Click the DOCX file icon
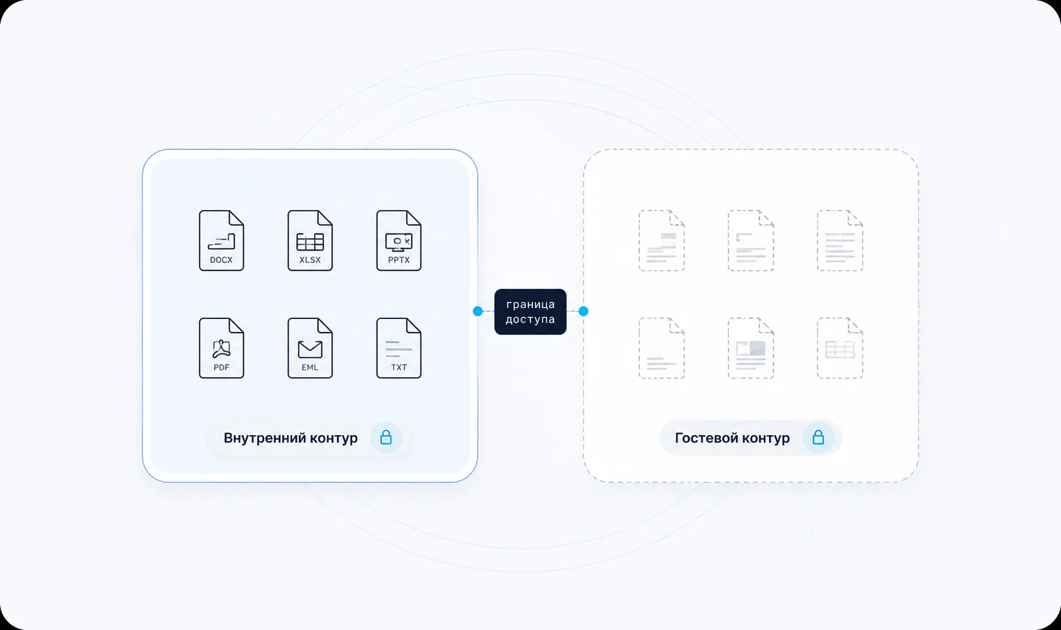click(221, 241)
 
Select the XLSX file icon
click(310, 241)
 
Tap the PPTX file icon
click(398, 241)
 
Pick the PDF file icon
click(221, 348)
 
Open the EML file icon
click(310, 348)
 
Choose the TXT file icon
click(398, 348)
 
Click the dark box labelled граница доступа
click(530, 312)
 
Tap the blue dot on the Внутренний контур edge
click(478, 311)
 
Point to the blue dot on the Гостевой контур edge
click(583, 311)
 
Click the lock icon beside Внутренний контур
click(386, 437)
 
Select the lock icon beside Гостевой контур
click(818, 437)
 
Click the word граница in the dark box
click(530, 305)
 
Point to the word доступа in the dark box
click(530, 320)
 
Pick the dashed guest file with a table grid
click(840, 348)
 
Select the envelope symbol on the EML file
click(310, 350)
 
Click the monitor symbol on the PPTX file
click(398, 242)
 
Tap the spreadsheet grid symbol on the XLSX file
click(310, 242)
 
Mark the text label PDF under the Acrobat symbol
click(221, 367)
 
